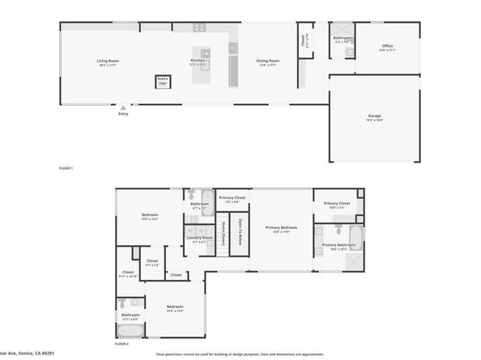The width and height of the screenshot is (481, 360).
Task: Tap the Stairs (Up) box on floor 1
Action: (x=162, y=81)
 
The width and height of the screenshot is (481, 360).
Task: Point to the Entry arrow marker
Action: (x=123, y=106)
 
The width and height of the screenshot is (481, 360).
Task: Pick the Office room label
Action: (x=388, y=46)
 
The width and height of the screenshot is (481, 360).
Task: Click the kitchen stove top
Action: (x=198, y=28)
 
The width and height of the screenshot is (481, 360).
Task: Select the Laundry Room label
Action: (x=199, y=238)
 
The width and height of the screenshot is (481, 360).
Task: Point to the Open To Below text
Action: (x=240, y=231)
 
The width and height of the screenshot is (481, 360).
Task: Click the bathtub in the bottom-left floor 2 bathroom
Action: (x=130, y=331)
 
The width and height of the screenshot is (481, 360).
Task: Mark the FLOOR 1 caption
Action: (x=66, y=167)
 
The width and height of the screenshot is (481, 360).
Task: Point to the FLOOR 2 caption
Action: (x=121, y=345)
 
